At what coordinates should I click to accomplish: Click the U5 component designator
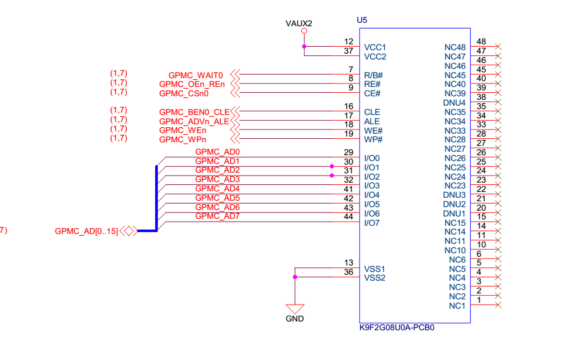(x=362, y=20)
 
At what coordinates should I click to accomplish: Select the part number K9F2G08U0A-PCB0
(x=396, y=328)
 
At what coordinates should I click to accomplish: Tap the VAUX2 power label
(x=299, y=23)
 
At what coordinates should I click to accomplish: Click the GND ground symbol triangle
(x=295, y=309)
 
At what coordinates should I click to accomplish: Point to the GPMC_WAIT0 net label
(x=196, y=75)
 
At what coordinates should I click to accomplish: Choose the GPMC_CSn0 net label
(x=183, y=93)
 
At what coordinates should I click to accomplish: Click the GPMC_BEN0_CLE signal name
(x=194, y=112)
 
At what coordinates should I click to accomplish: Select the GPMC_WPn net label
(x=182, y=140)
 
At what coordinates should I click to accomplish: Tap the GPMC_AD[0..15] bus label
(x=86, y=231)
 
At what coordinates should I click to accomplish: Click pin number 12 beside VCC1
(x=349, y=42)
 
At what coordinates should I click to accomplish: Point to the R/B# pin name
(x=373, y=75)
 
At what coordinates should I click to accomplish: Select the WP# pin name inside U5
(x=373, y=139)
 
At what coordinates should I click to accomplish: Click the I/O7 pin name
(x=372, y=223)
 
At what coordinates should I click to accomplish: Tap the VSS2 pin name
(x=374, y=278)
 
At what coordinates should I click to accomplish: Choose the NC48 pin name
(x=455, y=47)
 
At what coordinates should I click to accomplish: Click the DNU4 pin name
(x=454, y=103)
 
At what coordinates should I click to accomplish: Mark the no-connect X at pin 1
(x=498, y=305)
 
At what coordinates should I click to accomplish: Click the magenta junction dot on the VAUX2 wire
(x=304, y=46)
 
